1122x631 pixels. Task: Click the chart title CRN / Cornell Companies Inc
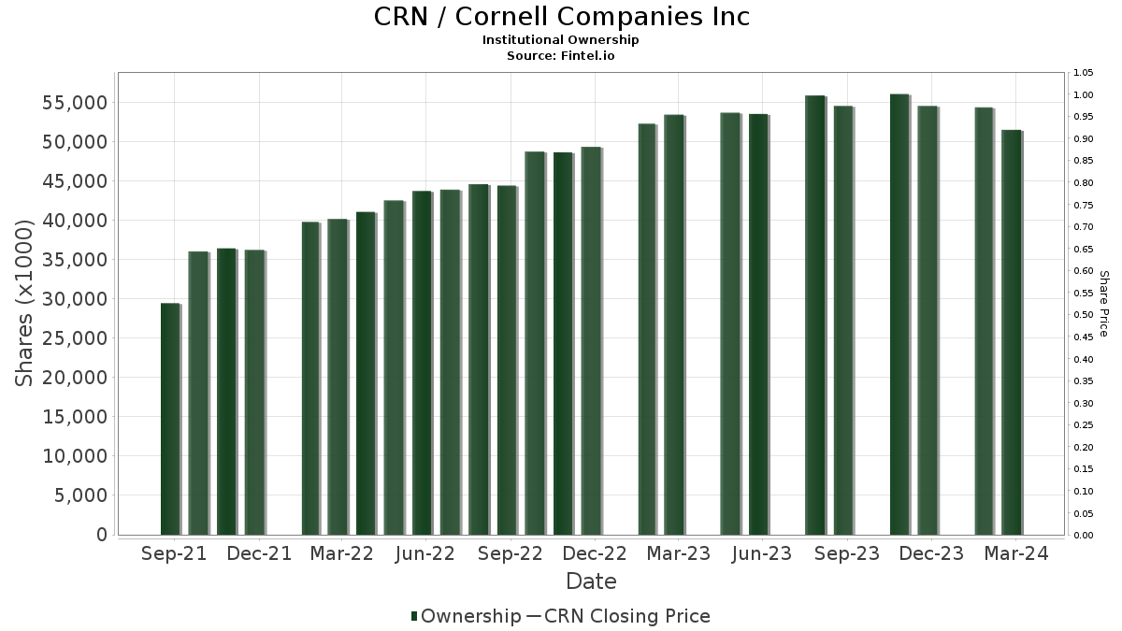[561, 17]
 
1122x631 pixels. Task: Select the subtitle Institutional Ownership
[560, 40]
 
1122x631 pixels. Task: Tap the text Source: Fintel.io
[560, 55]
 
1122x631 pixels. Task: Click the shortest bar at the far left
[171, 419]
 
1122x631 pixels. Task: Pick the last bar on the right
[1013, 333]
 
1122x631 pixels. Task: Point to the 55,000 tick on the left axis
[75, 103]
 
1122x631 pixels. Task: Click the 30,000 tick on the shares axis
[75, 299]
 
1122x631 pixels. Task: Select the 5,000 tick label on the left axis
[80, 495]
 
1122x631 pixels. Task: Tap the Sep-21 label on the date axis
[174, 553]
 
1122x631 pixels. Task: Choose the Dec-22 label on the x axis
[595, 553]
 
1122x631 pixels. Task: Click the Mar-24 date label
[1015, 553]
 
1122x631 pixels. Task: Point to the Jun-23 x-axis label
[762, 553]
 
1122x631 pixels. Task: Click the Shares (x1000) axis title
[23, 303]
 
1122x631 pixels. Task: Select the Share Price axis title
[1104, 304]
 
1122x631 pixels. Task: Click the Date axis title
[591, 581]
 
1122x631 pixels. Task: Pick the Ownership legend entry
[466, 616]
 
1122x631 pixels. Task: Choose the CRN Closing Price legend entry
[619, 616]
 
